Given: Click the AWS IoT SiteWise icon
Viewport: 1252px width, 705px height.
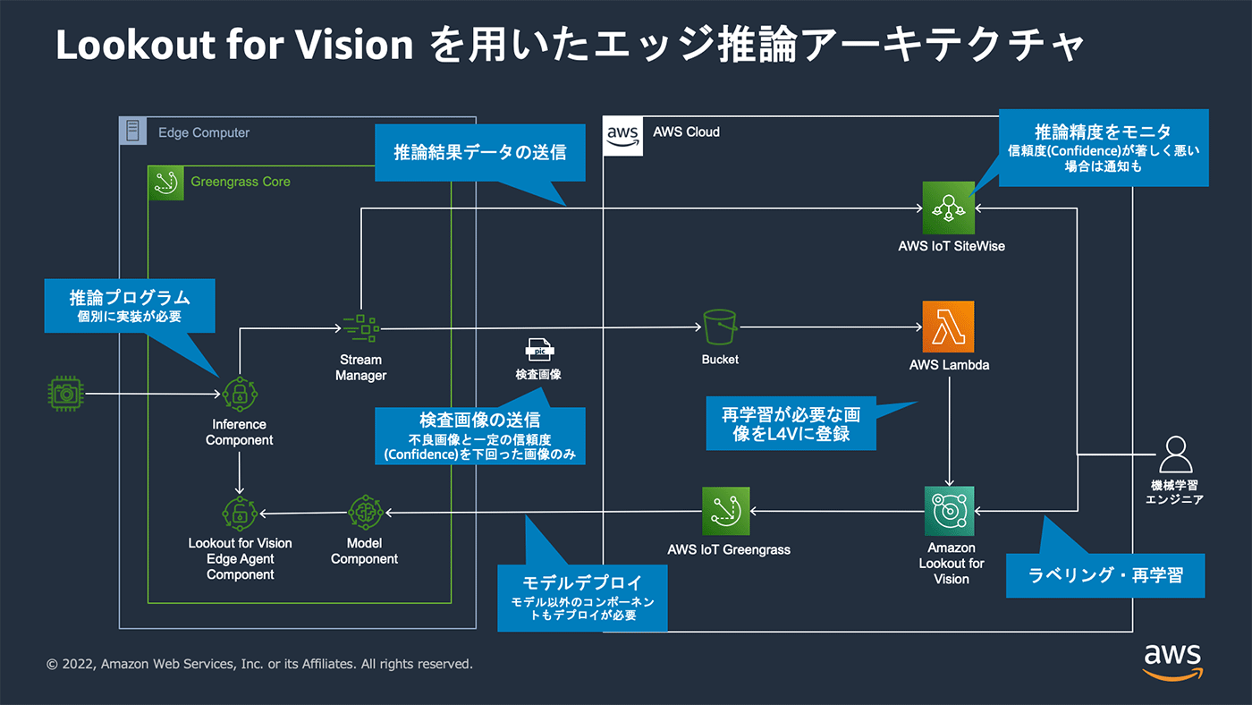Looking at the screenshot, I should click(x=949, y=207).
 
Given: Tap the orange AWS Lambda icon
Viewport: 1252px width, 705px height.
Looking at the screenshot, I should click(x=949, y=327).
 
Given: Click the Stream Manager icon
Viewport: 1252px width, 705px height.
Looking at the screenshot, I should click(x=360, y=328).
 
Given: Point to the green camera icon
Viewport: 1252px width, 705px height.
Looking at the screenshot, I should click(x=64, y=393).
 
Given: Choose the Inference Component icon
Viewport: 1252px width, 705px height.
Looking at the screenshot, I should click(x=240, y=393).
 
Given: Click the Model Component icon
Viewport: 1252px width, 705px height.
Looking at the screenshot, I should click(x=365, y=512).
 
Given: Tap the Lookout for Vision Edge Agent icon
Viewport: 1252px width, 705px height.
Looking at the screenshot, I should click(x=240, y=512).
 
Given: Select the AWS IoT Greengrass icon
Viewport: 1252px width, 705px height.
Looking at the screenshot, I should click(x=728, y=512).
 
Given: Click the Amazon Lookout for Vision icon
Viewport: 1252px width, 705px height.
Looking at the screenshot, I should click(x=949, y=512).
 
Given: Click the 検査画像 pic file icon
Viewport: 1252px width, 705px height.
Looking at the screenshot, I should click(x=538, y=350).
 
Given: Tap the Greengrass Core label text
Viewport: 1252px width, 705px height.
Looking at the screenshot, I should click(x=240, y=182).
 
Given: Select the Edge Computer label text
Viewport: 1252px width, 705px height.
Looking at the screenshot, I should click(x=204, y=132).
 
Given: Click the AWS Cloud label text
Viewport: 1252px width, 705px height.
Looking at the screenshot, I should click(x=686, y=132).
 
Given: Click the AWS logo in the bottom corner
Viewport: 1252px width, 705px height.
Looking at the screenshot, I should click(x=1172, y=660).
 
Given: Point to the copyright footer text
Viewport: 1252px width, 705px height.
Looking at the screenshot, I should click(x=259, y=664).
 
